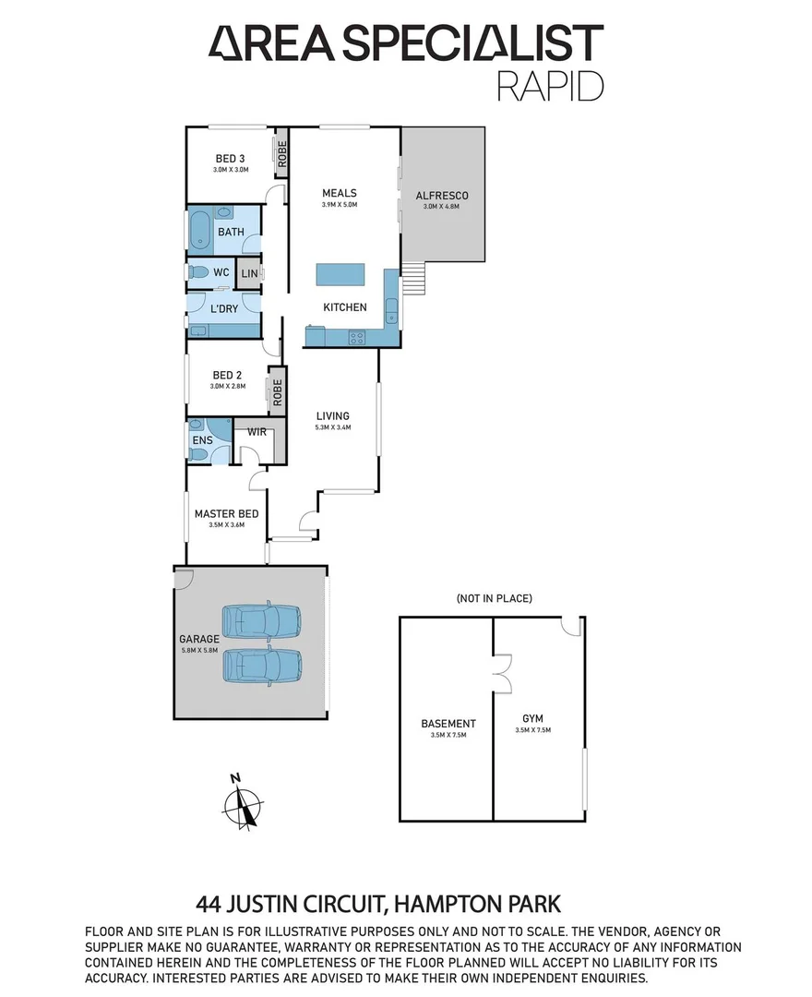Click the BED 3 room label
click(x=231, y=157)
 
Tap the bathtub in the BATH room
click(x=200, y=231)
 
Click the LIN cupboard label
click(x=248, y=273)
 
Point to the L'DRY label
click(x=224, y=308)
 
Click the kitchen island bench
click(x=340, y=275)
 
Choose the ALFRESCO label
click(x=442, y=196)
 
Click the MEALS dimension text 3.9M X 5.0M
click(x=339, y=206)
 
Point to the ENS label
click(x=202, y=440)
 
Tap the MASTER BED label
click(x=226, y=514)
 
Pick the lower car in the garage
click(x=262, y=665)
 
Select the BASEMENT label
click(x=448, y=724)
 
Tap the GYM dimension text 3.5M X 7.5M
click(x=533, y=730)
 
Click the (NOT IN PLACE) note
click(x=494, y=598)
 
